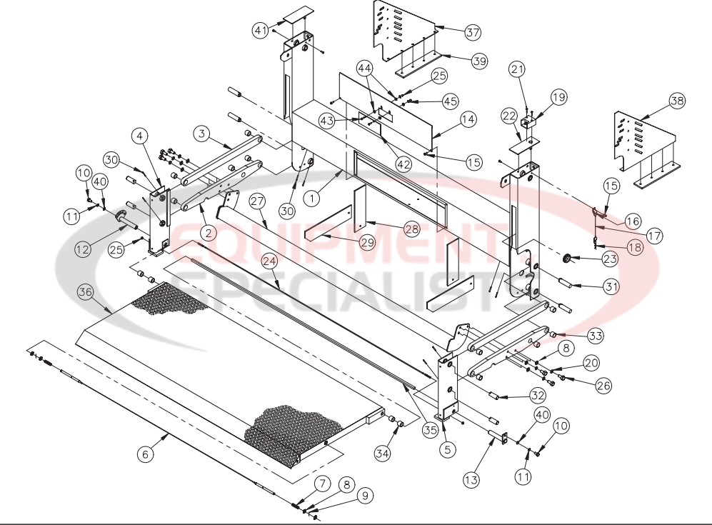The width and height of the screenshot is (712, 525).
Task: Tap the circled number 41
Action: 261,30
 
